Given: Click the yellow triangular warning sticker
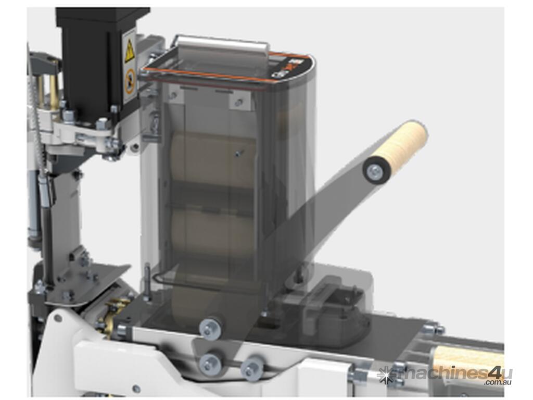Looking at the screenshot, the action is [x=130, y=52].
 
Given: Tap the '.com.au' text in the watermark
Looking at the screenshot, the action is [x=498, y=382].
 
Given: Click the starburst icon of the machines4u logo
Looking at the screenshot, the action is [x=385, y=374].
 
